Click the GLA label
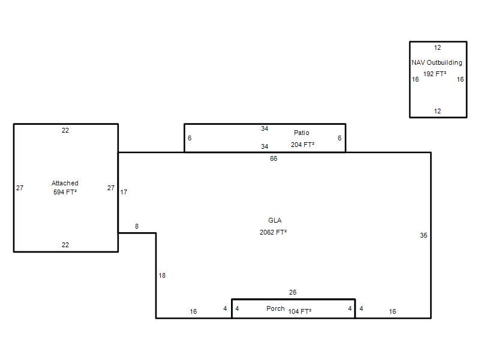coord(275,220)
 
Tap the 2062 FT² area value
coord(273,232)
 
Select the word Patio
coord(302,133)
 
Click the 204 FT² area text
coord(302,145)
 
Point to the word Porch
coord(275,308)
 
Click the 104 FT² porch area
coord(299,311)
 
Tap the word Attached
coord(65,183)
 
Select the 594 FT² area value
coord(65,192)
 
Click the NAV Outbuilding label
coord(437,63)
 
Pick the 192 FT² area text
coord(434,74)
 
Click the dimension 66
coord(274,158)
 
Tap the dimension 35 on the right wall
coord(424,235)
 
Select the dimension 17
coord(124,192)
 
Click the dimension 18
coord(162,275)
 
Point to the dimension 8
coord(137,226)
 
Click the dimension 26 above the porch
coord(293,292)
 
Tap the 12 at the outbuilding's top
coord(437,48)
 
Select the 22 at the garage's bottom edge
coord(65,245)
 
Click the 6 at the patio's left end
coord(190,138)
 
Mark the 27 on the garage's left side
coord(20,188)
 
